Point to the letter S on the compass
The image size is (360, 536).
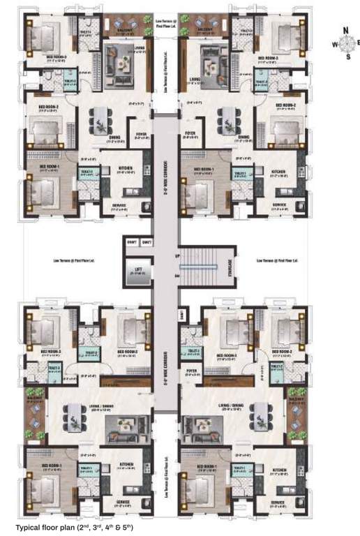(x=348, y=57)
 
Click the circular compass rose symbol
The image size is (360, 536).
(x=346, y=43)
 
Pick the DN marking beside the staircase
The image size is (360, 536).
(x=177, y=277)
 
